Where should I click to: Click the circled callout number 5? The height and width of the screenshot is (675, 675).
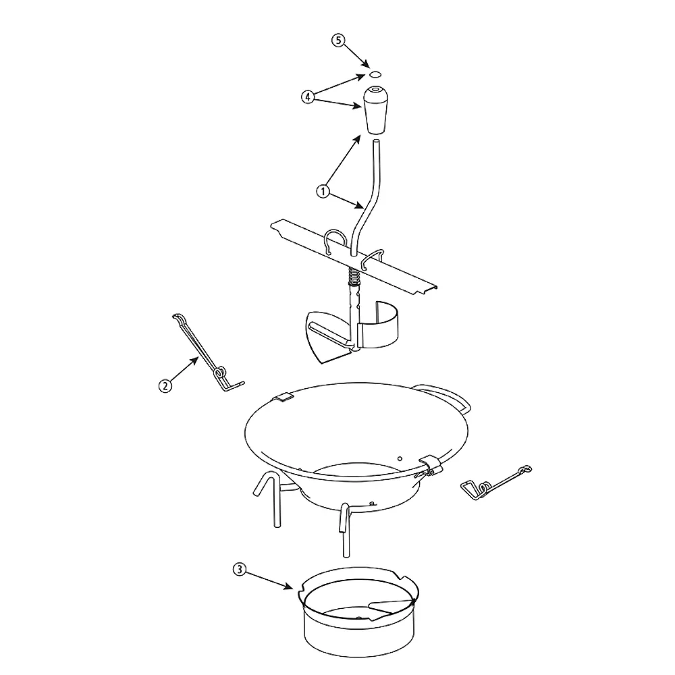click(339, 40)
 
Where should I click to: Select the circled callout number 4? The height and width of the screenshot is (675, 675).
click(307, 97)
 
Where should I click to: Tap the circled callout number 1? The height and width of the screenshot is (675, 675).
click(323, 191)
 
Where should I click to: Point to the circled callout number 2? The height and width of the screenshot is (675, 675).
click(165, 386)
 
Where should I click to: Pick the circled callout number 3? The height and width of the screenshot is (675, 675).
click(239, 569)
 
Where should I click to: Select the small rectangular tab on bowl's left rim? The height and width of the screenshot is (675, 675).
click(284, 398)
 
